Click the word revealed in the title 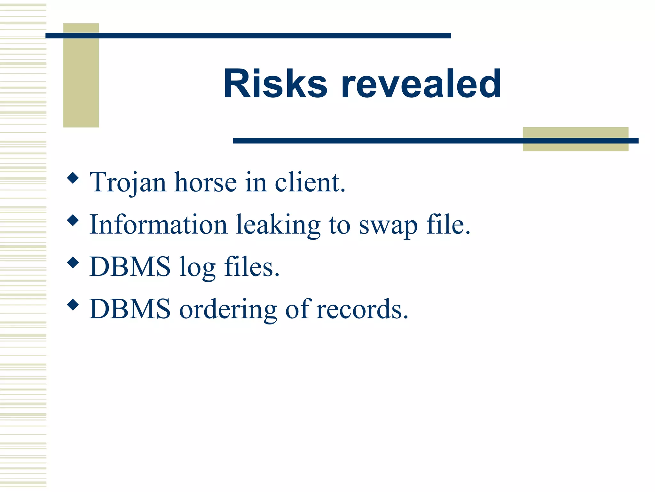(421, 84)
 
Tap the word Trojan (128, 183)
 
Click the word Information (158, 225)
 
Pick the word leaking (278, 225)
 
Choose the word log (197, 267)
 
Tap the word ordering (228, 309)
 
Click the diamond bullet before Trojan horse (73, 178)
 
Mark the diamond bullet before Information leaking (73, 220)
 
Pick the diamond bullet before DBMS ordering (73, 305)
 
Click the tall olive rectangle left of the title (81, 80)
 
